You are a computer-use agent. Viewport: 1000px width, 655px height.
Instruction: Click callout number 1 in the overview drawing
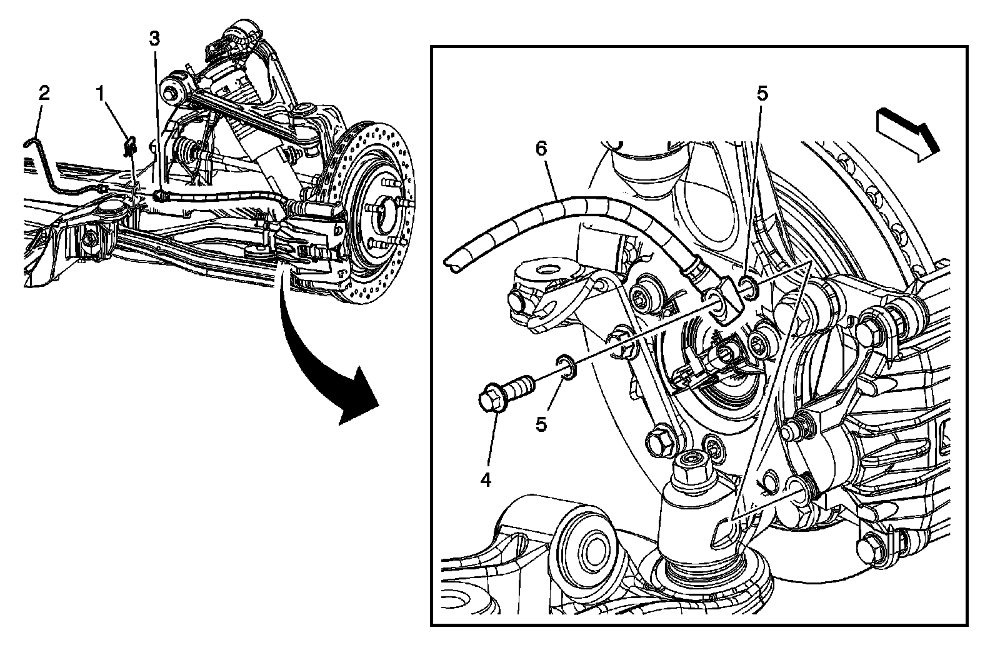tap(99, 94)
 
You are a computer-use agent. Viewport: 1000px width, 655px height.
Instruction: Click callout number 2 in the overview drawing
tap(43, 94)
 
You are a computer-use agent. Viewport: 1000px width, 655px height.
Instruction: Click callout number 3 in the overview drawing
tap(154, 39)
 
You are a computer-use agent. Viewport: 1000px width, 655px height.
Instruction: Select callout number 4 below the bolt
tap(486, 480)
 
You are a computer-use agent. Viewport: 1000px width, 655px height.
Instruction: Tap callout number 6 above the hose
tap(541, 149)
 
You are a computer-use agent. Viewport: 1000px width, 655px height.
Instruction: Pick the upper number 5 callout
tap(761, 94)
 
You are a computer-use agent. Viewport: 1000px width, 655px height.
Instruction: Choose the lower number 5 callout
tap(541, 424)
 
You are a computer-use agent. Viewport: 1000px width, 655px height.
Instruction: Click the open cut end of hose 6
tap(454, 263)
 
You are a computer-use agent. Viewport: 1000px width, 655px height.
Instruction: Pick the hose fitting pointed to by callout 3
tap(161, 196)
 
